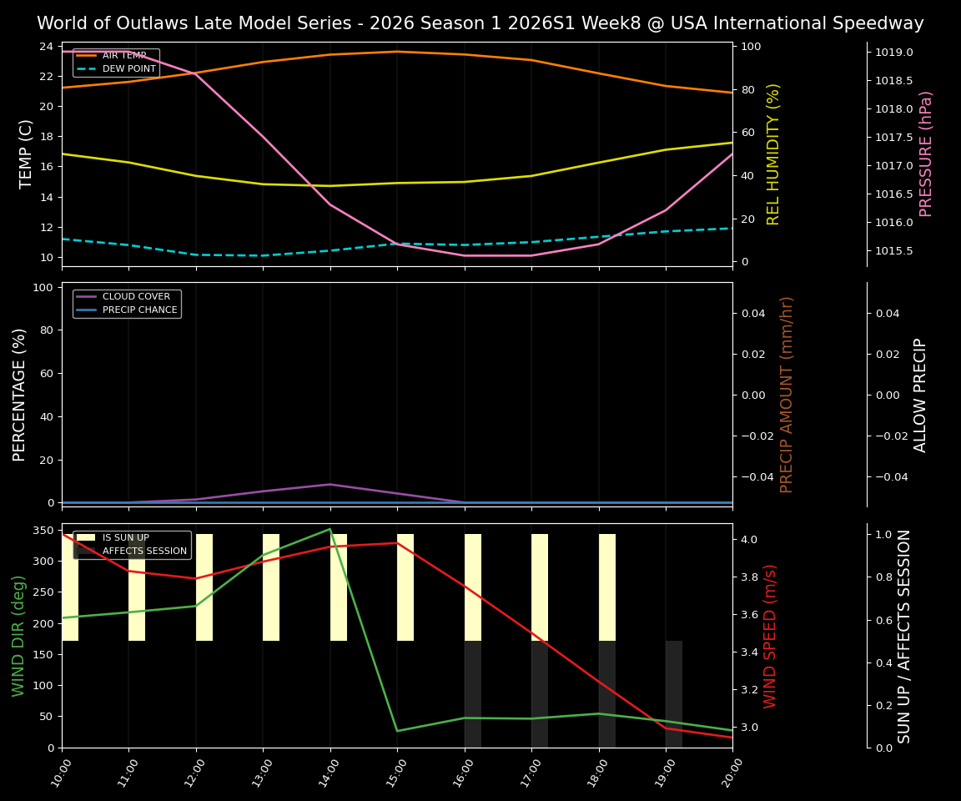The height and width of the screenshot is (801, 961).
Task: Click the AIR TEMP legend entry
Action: coord(123,55)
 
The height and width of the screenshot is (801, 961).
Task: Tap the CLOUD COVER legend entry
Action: coord(136,296)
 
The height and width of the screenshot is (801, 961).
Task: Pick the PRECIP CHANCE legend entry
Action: coord(139,310)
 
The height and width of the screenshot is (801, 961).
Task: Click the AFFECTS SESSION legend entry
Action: coord(144,551)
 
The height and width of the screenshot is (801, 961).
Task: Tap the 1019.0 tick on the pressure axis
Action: coord(893,53)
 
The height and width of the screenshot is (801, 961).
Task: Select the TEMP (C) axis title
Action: coord(26,154)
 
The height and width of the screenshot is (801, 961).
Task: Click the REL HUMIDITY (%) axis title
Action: coord(773,154)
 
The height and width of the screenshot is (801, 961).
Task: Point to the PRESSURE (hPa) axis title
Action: coord(926,154)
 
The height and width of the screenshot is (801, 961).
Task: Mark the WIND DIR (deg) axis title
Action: coord(18,636)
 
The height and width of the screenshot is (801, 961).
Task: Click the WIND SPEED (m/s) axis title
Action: coord(770,636)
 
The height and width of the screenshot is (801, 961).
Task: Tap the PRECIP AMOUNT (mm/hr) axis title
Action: coord(787,394)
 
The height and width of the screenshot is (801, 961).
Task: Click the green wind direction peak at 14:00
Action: coord(330,529)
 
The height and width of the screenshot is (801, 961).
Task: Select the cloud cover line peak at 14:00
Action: coord(330,484)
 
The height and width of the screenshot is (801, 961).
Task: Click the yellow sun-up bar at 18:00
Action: coord(607,587)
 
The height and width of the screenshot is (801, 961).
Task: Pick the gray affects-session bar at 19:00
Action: coord(674,693)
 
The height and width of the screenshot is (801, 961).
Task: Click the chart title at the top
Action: coord(480,23)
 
